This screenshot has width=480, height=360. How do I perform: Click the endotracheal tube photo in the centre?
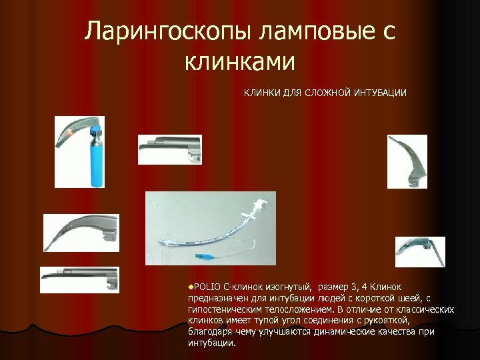pos(210,227)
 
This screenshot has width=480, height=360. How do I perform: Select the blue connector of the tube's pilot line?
pos(201,255)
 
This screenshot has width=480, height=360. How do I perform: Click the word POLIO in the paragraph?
pos(207,287)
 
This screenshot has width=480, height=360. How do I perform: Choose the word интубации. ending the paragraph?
pos(212,343)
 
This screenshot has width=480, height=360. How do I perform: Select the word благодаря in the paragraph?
pos(209,332)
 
